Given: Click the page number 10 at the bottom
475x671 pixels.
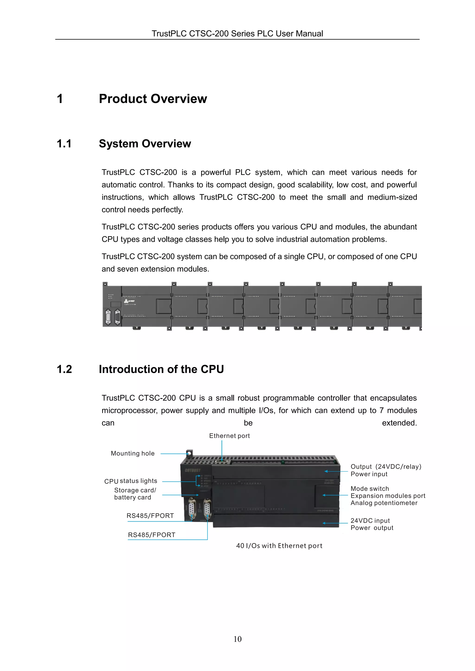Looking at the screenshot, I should click(x=237, y=639).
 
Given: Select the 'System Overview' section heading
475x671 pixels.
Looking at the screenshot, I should click(x=145, y=144).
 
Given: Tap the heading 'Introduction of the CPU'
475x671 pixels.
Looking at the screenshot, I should click(x=161, y=369).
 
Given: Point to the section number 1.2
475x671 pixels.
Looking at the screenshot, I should click(x=64, y=369).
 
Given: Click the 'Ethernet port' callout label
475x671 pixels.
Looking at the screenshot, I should click(x=229, y=436).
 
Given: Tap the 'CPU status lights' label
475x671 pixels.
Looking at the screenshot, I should click(x=131, y=481).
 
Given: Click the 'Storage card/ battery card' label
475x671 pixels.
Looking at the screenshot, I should click(x=135, y=494).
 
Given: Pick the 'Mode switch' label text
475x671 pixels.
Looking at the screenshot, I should click(x=370, y=489).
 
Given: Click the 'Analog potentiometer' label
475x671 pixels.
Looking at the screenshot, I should click(x=384, y=503).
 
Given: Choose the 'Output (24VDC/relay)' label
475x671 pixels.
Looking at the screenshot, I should click(x=386, y=467).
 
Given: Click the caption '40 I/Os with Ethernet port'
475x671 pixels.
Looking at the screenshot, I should click(x=279, y=546).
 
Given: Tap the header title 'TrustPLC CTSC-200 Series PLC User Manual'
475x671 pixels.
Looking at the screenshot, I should click(x=237, y=34).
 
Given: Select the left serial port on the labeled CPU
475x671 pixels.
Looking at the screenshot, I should click(x=192, y=509).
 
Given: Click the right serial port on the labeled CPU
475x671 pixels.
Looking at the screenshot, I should click(x=207, y=509).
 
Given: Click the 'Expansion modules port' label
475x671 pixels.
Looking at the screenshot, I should click(x=388, y=496).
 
